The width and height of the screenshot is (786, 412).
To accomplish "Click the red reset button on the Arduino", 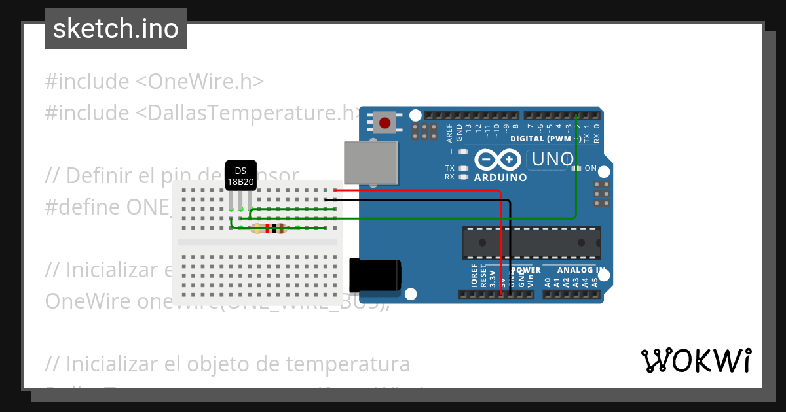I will [x=384, y=123].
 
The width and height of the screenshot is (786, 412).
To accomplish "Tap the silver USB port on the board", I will [x=371, y=163].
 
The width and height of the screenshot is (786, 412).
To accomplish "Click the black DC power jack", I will [x=375, y=275].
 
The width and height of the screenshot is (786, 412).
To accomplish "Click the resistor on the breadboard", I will [x=269, y=228].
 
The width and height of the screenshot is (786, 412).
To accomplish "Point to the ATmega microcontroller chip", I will [x=531, y=242].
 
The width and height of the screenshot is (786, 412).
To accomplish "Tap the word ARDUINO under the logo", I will [x=500, y=177].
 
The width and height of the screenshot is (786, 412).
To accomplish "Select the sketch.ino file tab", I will [x=116, y=29].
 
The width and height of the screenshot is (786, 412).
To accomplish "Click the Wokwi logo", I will [x=696, y=360].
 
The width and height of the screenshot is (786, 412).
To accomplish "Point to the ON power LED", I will [x=576, y=169].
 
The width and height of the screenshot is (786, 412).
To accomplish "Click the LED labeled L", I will [x=464, y=152].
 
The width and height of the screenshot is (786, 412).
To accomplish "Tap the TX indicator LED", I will [x=464, y=169].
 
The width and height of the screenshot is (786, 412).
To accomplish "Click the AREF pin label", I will [x=449, y=133].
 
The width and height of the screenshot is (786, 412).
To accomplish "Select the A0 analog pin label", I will [x=548, y=283].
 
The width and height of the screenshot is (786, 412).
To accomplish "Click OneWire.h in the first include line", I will [x=200, y=82].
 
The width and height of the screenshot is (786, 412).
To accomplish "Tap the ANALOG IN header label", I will [x=581, y=270].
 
